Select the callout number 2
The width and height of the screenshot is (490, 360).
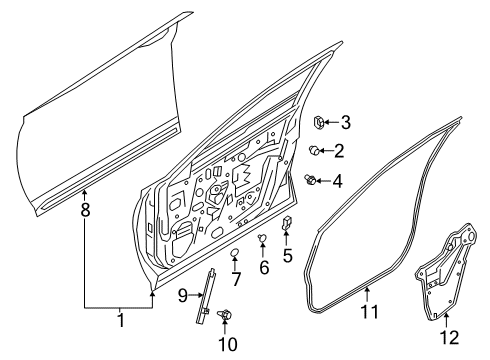point(340,150)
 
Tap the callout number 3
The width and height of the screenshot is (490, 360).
point(345,123)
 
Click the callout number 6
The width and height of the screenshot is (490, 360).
point(264,268)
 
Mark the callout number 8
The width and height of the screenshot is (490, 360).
point(85,212)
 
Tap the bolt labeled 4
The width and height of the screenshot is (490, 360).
point(312,180)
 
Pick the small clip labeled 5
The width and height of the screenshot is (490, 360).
point(287,223)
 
